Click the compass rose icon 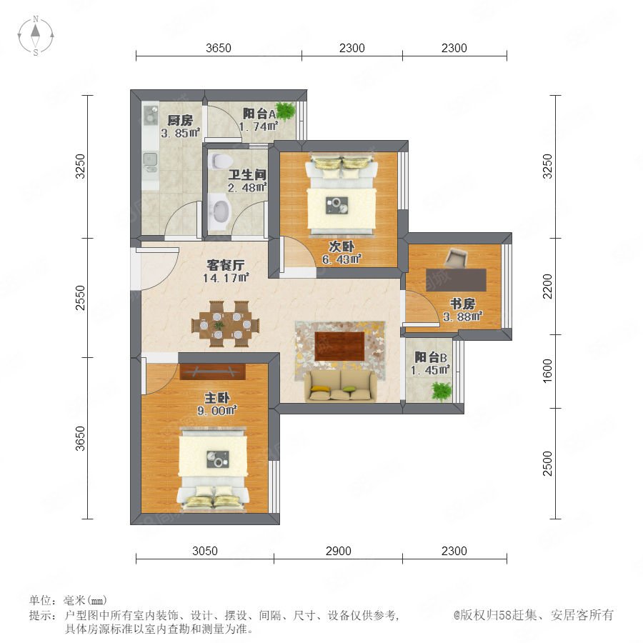36,36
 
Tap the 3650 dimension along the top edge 218,48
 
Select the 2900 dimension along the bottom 339,551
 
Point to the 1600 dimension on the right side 547,371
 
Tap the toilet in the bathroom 218,161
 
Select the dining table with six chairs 225,324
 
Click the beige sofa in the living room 340,386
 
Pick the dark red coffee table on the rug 339,346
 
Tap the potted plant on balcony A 284,111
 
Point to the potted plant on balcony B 442,392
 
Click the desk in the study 456,280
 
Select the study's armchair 456,257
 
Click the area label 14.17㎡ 226,278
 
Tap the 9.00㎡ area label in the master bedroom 217,410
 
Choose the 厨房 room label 180,120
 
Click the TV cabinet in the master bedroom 212,372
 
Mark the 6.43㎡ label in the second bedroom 342,259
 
